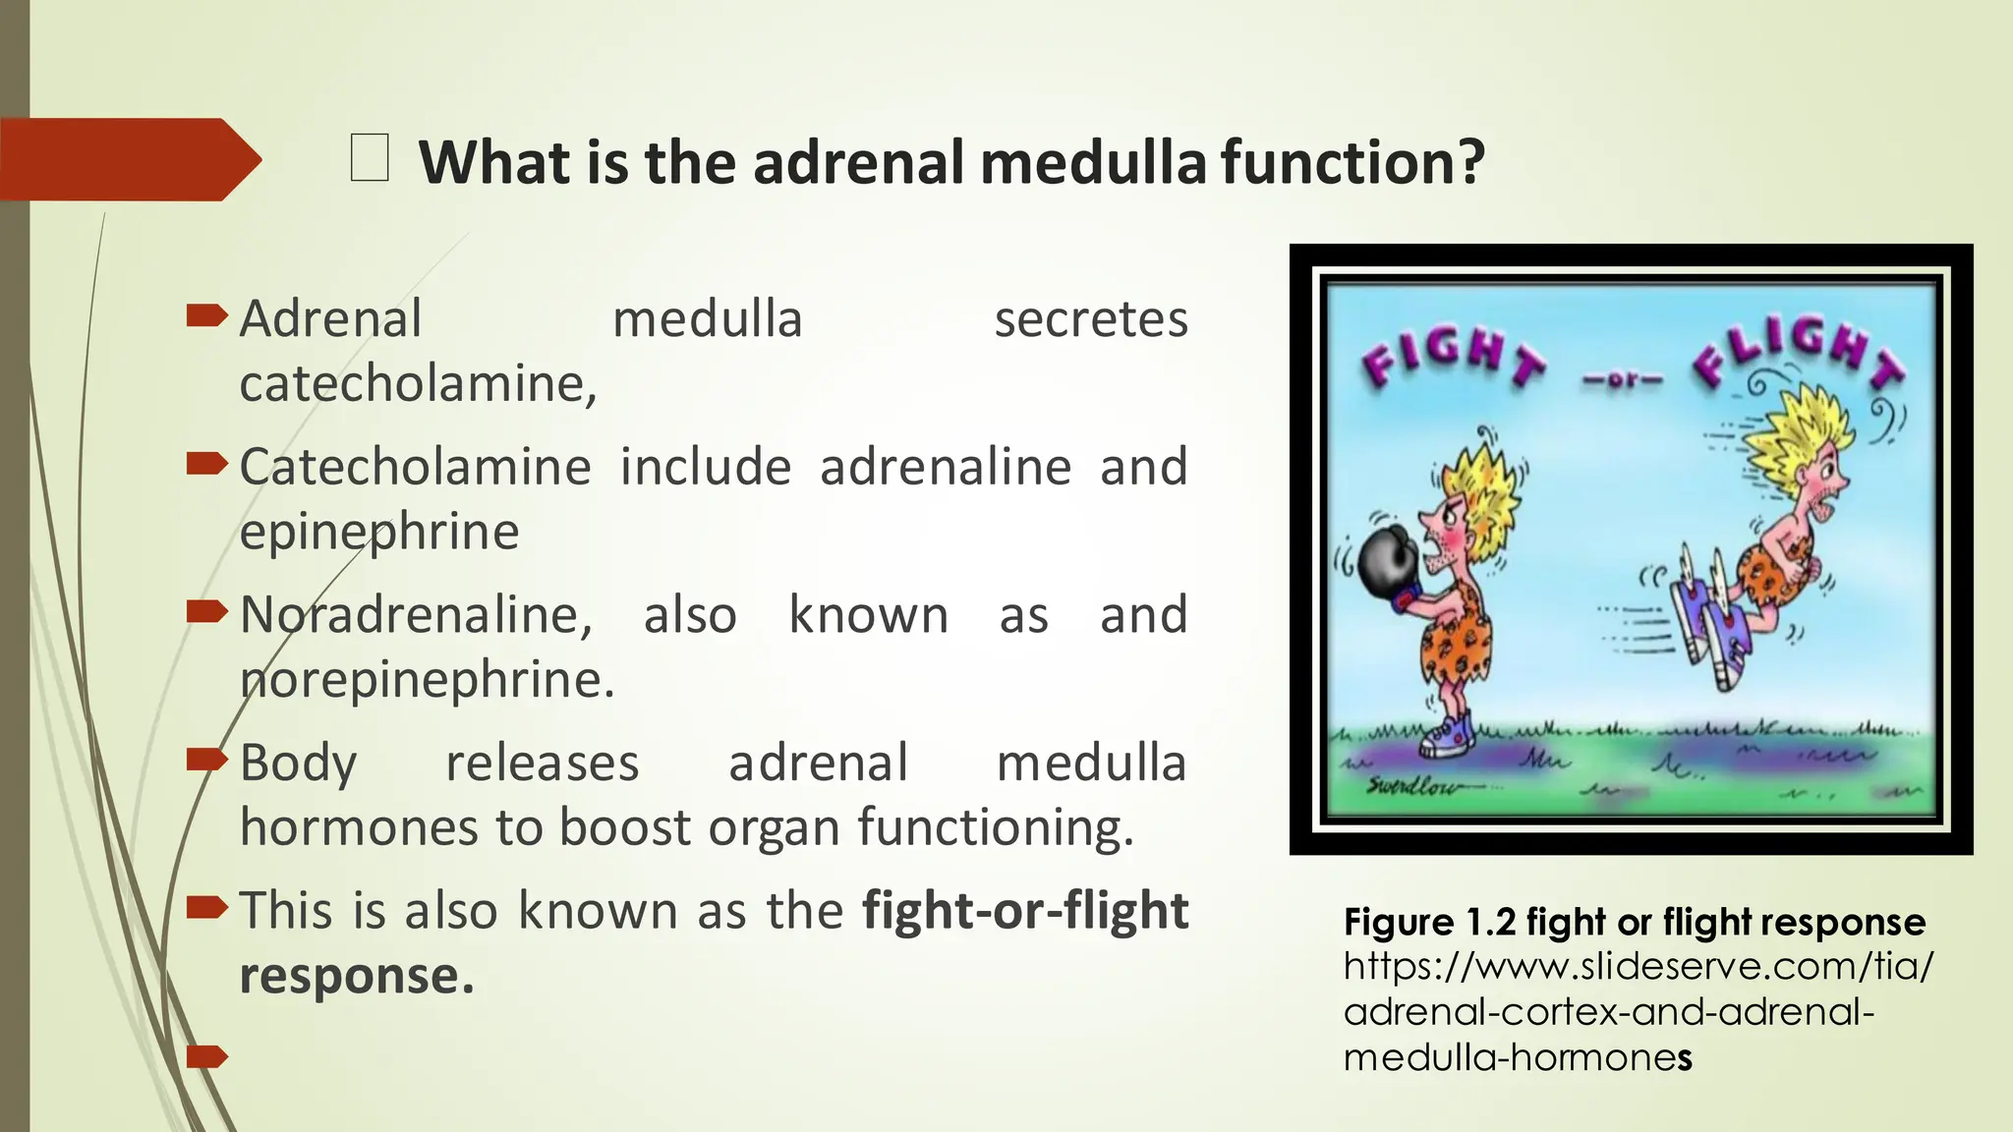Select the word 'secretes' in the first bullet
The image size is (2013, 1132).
point(1091,320)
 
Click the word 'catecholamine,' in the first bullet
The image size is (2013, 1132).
point(418,384)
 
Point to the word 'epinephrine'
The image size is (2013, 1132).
point(379,533)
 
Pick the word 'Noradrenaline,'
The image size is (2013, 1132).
point(417,616)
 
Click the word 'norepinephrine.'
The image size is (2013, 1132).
point(427,680)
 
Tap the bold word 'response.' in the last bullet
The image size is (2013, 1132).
point(357,976)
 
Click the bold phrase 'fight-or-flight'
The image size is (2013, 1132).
point(1025,911)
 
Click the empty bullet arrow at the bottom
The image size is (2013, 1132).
point(206,1056)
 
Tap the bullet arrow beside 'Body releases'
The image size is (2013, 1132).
point(206,759)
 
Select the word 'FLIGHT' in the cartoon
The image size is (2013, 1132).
point(1799,354)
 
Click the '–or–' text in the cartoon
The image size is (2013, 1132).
point(1623,379)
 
